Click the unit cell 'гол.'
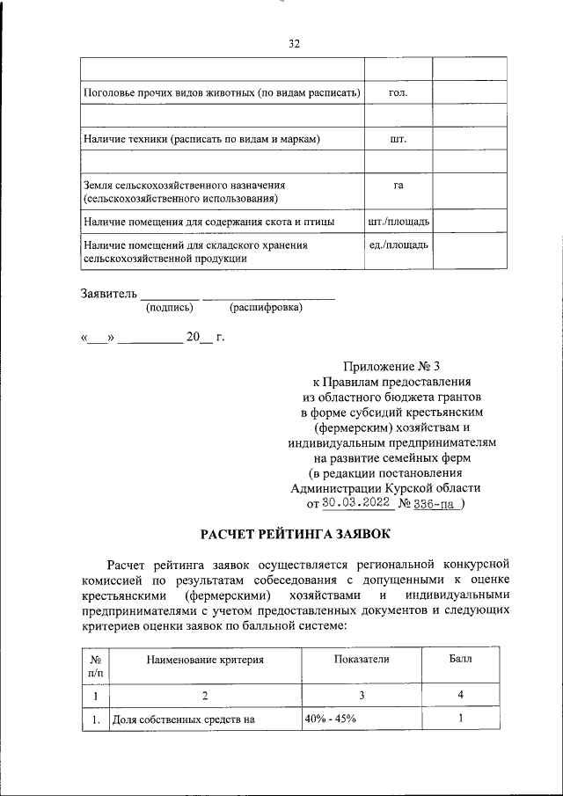[398, 92]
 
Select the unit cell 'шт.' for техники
[398, 139]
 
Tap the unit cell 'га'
[398, 186]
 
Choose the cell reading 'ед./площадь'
[398, 244]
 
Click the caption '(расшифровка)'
[265, 308]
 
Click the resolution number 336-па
[437, 504]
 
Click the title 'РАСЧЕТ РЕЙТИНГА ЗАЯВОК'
[294, 535]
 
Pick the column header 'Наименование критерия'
[205, 659]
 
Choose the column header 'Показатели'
[361, 659]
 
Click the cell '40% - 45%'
[331, 720]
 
